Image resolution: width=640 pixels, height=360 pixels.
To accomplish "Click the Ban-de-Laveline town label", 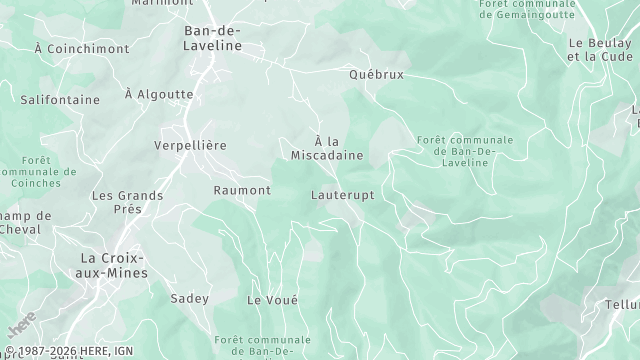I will click(213, 38).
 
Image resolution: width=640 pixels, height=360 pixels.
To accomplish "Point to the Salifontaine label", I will click(60, 100).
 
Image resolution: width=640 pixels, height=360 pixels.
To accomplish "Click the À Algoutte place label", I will click(158, 94).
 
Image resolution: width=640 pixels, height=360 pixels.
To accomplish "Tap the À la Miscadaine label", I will click(326, 149).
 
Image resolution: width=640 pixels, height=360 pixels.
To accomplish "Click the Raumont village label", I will click(242, 190).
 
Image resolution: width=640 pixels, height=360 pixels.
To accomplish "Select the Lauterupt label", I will click(342, 195).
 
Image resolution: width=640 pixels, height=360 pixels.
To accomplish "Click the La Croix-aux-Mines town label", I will click(114, 265).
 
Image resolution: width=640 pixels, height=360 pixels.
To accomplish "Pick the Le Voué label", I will click(272, 300).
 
